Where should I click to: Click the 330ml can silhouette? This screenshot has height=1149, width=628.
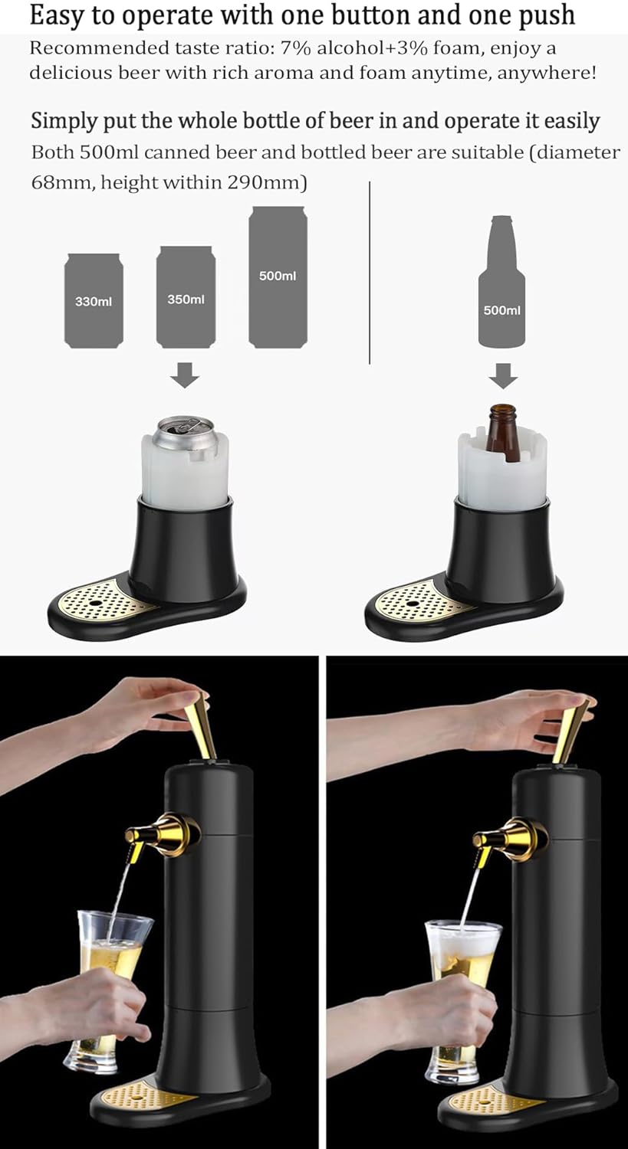point(94,301)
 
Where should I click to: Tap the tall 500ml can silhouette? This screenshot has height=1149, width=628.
point(278,277)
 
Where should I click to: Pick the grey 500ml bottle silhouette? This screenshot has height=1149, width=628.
point(502,291)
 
